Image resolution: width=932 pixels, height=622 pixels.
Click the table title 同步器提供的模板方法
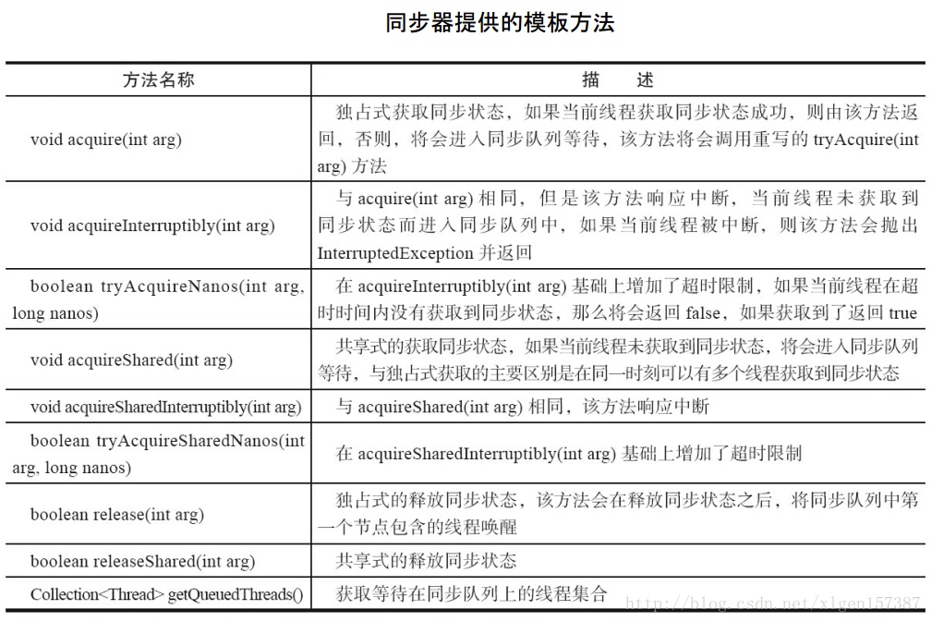pyautogui.click(x=500, y=22)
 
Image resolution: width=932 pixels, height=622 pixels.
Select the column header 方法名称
pyautogui.click(x=158, y=79)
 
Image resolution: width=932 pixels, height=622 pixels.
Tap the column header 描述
pyautogui.click(x=617, y=79)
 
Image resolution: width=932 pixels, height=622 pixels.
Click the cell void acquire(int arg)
pyautogui.click(x=105, y=140)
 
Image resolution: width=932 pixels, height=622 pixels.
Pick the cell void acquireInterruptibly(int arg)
pyautogui.click(x=152, y=226)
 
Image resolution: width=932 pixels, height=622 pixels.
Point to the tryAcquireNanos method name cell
pyautogui.click(x=158, y=299)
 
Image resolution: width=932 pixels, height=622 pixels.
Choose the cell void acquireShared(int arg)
pyautogui.click(x=131, y=360)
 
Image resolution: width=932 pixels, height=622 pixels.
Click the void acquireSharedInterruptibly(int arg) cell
pyautogui.click(x=165, y=407)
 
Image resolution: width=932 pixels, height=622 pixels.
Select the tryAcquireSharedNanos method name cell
pyautogui.click(x=158, y=454)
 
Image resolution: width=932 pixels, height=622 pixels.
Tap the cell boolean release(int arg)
pyautogui.click(x=116, y=514)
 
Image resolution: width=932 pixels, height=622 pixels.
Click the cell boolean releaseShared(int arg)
pyautogui.click(x=142, y=561)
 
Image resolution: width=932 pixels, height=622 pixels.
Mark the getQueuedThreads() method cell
pyautogui.click(x=166, y=594)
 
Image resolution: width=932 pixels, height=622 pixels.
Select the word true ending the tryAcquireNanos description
pyautogui.click(x=902, y=312)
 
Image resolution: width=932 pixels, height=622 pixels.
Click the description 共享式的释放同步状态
pyautogui.click(x=426, y=561)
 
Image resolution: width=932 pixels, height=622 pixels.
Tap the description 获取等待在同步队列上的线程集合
pyautogui.click(x=471, y=593)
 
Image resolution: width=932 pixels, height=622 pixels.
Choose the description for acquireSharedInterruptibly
pyautogui.click(x=523, y=407)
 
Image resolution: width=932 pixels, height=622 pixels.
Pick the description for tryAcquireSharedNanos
pyautogui.click(x=568, y=454)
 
